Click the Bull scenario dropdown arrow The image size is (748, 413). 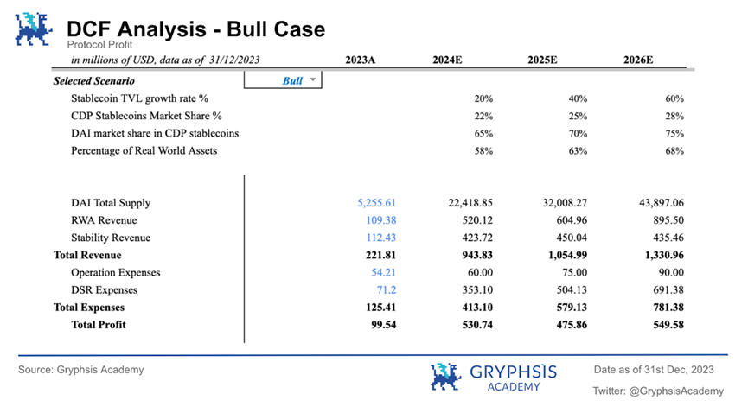313,79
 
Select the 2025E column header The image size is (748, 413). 542,60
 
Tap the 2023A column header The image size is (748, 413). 361,60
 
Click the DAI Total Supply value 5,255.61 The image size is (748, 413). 377,203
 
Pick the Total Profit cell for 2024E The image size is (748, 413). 477,325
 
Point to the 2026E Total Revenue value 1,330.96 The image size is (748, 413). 664,255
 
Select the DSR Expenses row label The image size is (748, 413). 104,290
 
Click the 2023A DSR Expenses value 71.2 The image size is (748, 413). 387,290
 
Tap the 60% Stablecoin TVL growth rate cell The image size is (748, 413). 674,98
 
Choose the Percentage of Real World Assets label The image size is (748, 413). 144,150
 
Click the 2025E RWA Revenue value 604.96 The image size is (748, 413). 572,220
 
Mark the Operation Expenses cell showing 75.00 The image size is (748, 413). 574,272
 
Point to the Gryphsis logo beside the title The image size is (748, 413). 34,29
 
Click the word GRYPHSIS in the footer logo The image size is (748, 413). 514,372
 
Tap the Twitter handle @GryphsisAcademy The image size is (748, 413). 676,391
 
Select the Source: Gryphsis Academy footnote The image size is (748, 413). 81,370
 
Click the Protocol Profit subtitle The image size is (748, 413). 99,45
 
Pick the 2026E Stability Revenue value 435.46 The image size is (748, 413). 668,238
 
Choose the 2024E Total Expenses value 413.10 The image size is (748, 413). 477,307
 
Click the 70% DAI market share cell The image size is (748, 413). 578,134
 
